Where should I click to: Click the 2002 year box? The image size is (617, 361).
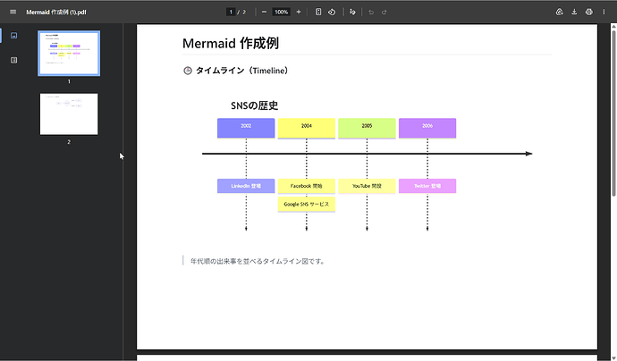click(x=246, y=127)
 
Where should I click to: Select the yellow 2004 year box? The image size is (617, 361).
click(x=307, y=127)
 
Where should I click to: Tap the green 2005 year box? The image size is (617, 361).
click(x=367, y=127)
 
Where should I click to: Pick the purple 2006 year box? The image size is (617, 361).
click(x=427, y=127)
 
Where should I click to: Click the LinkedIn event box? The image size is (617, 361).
click(x=246, y=186)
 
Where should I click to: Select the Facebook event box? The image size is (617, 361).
click(x=307, y=186)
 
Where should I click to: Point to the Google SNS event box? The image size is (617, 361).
click(x=307, y=204)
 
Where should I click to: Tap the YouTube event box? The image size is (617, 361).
click(x=367, y=186)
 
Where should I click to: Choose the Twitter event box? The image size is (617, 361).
click(x=427, y=186)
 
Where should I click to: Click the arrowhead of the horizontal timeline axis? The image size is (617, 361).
click(x=528, y=154)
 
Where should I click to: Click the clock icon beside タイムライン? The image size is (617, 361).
click(x=188, y=71)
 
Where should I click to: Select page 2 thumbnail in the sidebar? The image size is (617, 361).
click(x=69, y=113)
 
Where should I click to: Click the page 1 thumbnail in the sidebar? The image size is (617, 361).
click(x=69, y=54)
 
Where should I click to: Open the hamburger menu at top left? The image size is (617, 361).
click(x=13, y=12)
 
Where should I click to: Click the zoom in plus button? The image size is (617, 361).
click(x=299, y=12)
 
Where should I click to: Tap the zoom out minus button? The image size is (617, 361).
click(x=264, y=12)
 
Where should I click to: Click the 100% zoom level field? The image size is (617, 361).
click(x=281, y=12)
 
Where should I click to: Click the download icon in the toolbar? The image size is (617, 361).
click(x=574, y=12)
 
